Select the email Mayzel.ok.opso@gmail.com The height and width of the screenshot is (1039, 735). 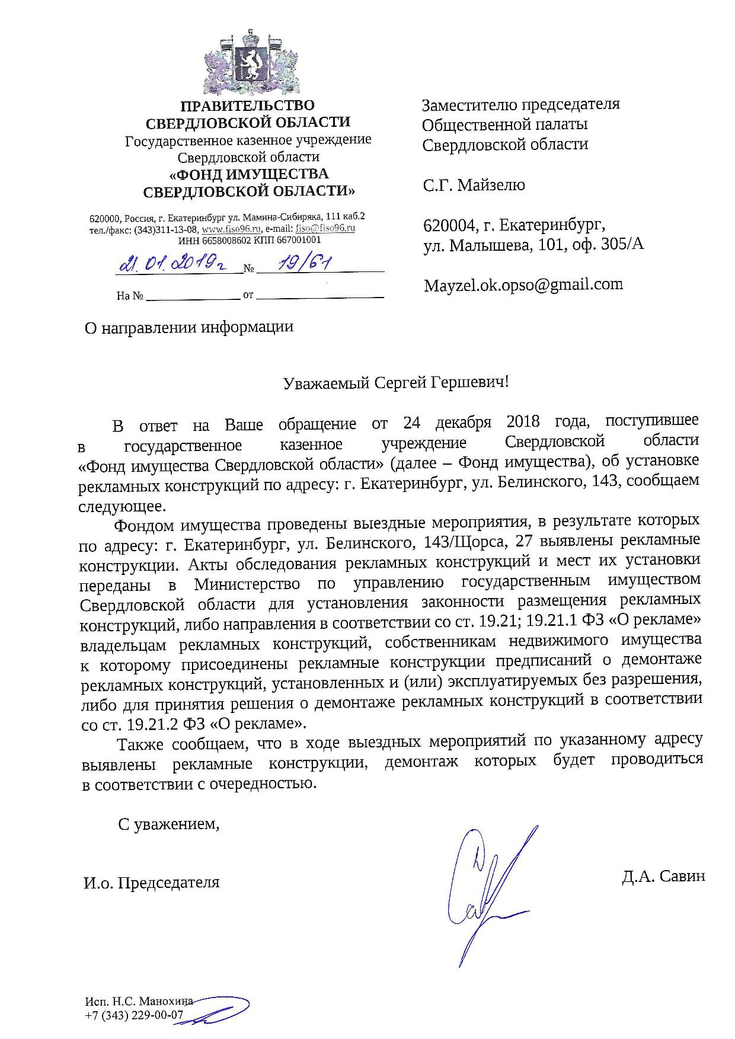coord(523,285)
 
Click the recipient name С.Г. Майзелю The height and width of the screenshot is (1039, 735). coord(474,186)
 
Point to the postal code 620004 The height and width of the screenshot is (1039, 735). coord(450,226)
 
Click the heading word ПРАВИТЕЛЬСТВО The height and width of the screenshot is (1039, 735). coord(247,106)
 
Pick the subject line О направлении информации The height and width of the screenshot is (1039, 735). coord(189,327)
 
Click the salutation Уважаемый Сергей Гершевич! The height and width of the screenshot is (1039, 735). coord(395,382)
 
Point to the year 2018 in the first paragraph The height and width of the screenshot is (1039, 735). coord(523,421)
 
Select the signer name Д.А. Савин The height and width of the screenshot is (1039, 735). coord(663,876)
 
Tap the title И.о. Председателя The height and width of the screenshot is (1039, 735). coord(151,883)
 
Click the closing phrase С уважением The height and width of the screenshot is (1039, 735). coord(168,824)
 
